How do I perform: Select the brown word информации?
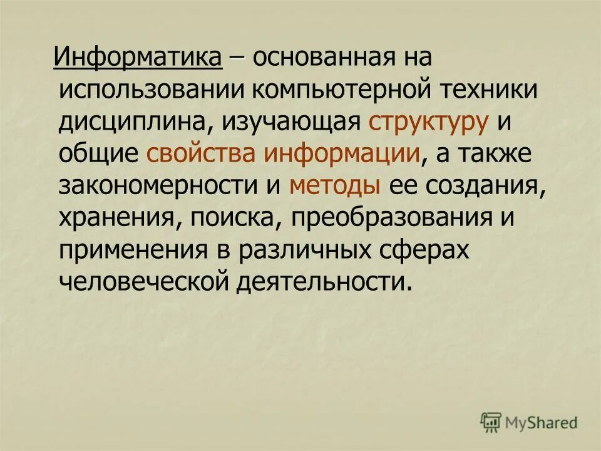341,154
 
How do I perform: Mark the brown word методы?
335,186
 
